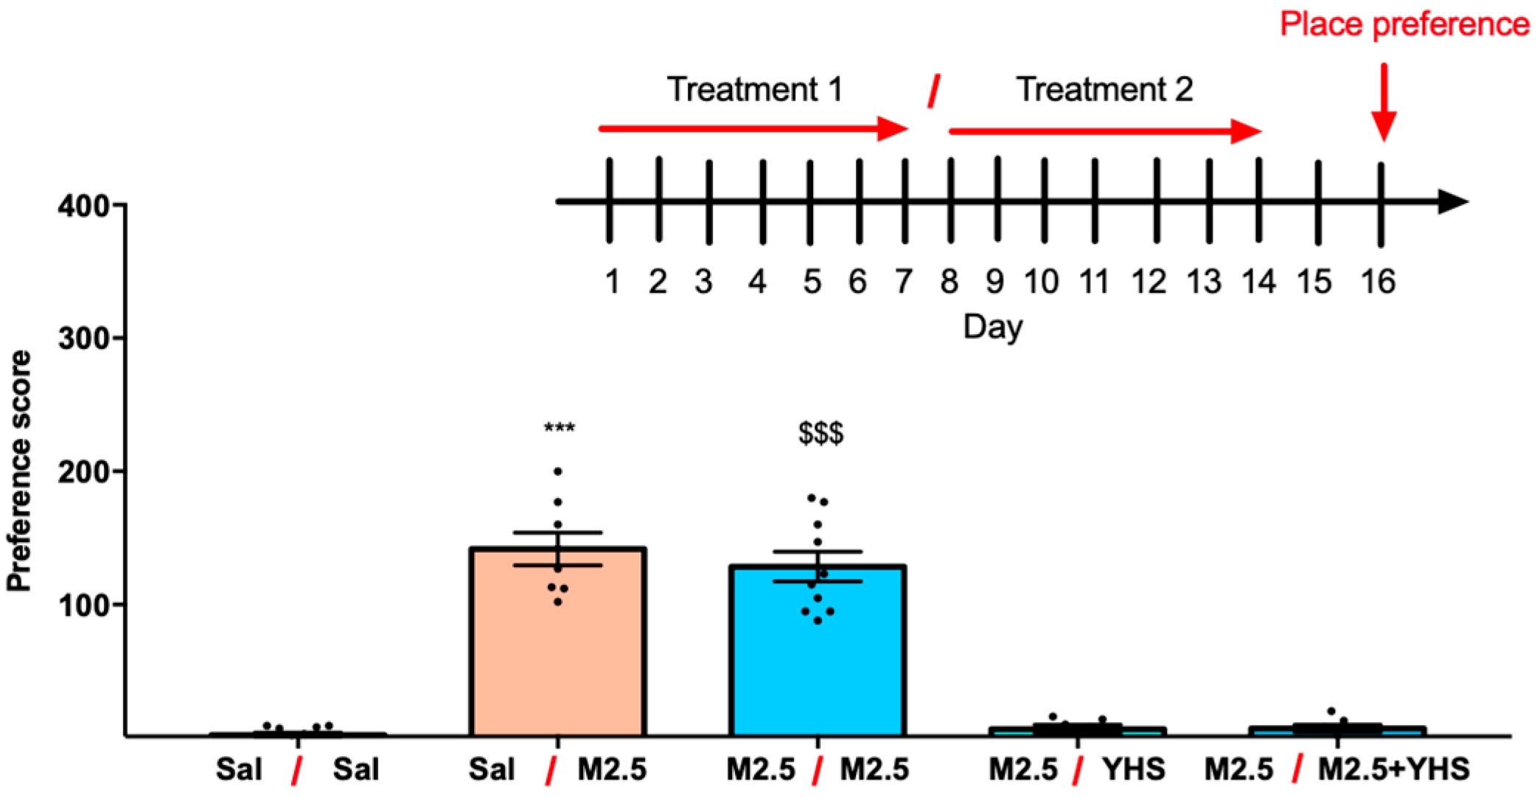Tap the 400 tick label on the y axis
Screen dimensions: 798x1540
(x=83, y=206)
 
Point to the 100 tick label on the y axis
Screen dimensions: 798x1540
(x=83, y=605)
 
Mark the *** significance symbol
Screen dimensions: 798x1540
(x=560, y=429)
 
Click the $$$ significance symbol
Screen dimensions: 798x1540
(x=820, y=433)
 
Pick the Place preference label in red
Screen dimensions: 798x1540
(x=1404, y=24)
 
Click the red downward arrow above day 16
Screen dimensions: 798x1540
(x=1384, y=103)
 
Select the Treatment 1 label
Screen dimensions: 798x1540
(x=755, y=90)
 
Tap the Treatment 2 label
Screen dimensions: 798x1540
(x=1104, y=90)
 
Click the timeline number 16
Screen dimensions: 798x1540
(x=1378, y=282)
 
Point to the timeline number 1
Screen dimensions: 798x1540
(x=612, y=282)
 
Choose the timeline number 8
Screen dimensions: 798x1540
(x=949, y=282)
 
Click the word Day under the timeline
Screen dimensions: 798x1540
(x=993, y=327)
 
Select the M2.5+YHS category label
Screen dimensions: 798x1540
(x=1393, y=770)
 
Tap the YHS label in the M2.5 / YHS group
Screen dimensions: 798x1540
(x=1134, y=770)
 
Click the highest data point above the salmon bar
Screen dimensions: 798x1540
(x=558, y=471)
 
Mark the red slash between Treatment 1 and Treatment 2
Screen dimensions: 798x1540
(x=933, y=91)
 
